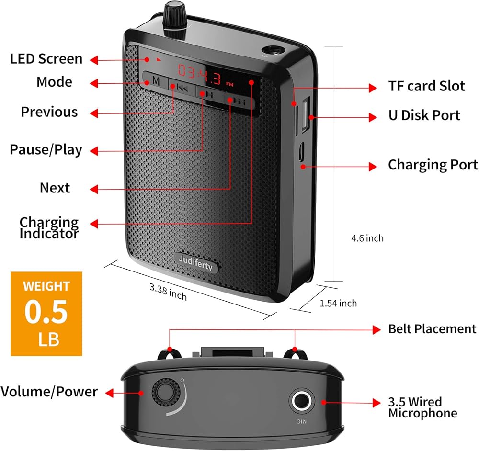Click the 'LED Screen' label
(46, 59)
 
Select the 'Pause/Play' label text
(46, 149)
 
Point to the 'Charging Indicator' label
(49, 228)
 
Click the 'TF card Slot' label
(426, 86)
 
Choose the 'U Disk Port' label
(424, 115)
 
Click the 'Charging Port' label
(433, 165)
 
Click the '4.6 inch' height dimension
(367, 238)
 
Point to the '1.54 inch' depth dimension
(338, 303)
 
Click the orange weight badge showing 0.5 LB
(46, 314)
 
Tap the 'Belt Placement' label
(432, 329)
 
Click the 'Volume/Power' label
(49, 392)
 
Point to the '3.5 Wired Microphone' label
(422, 407)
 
